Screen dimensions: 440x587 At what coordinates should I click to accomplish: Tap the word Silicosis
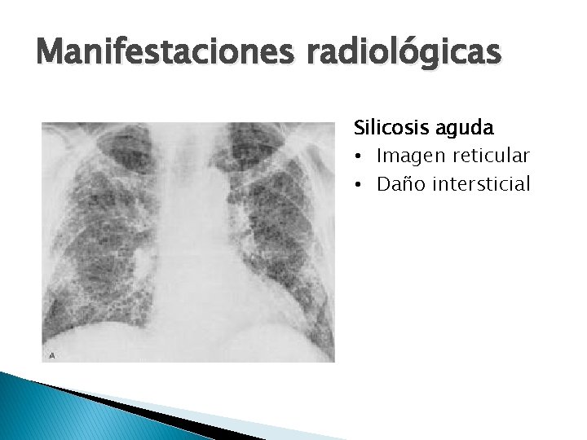click(x=391, y=129)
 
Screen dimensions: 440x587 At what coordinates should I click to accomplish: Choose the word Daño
click(x=397, y=184)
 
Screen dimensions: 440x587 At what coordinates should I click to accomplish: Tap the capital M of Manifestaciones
click(x=51, y=55)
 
